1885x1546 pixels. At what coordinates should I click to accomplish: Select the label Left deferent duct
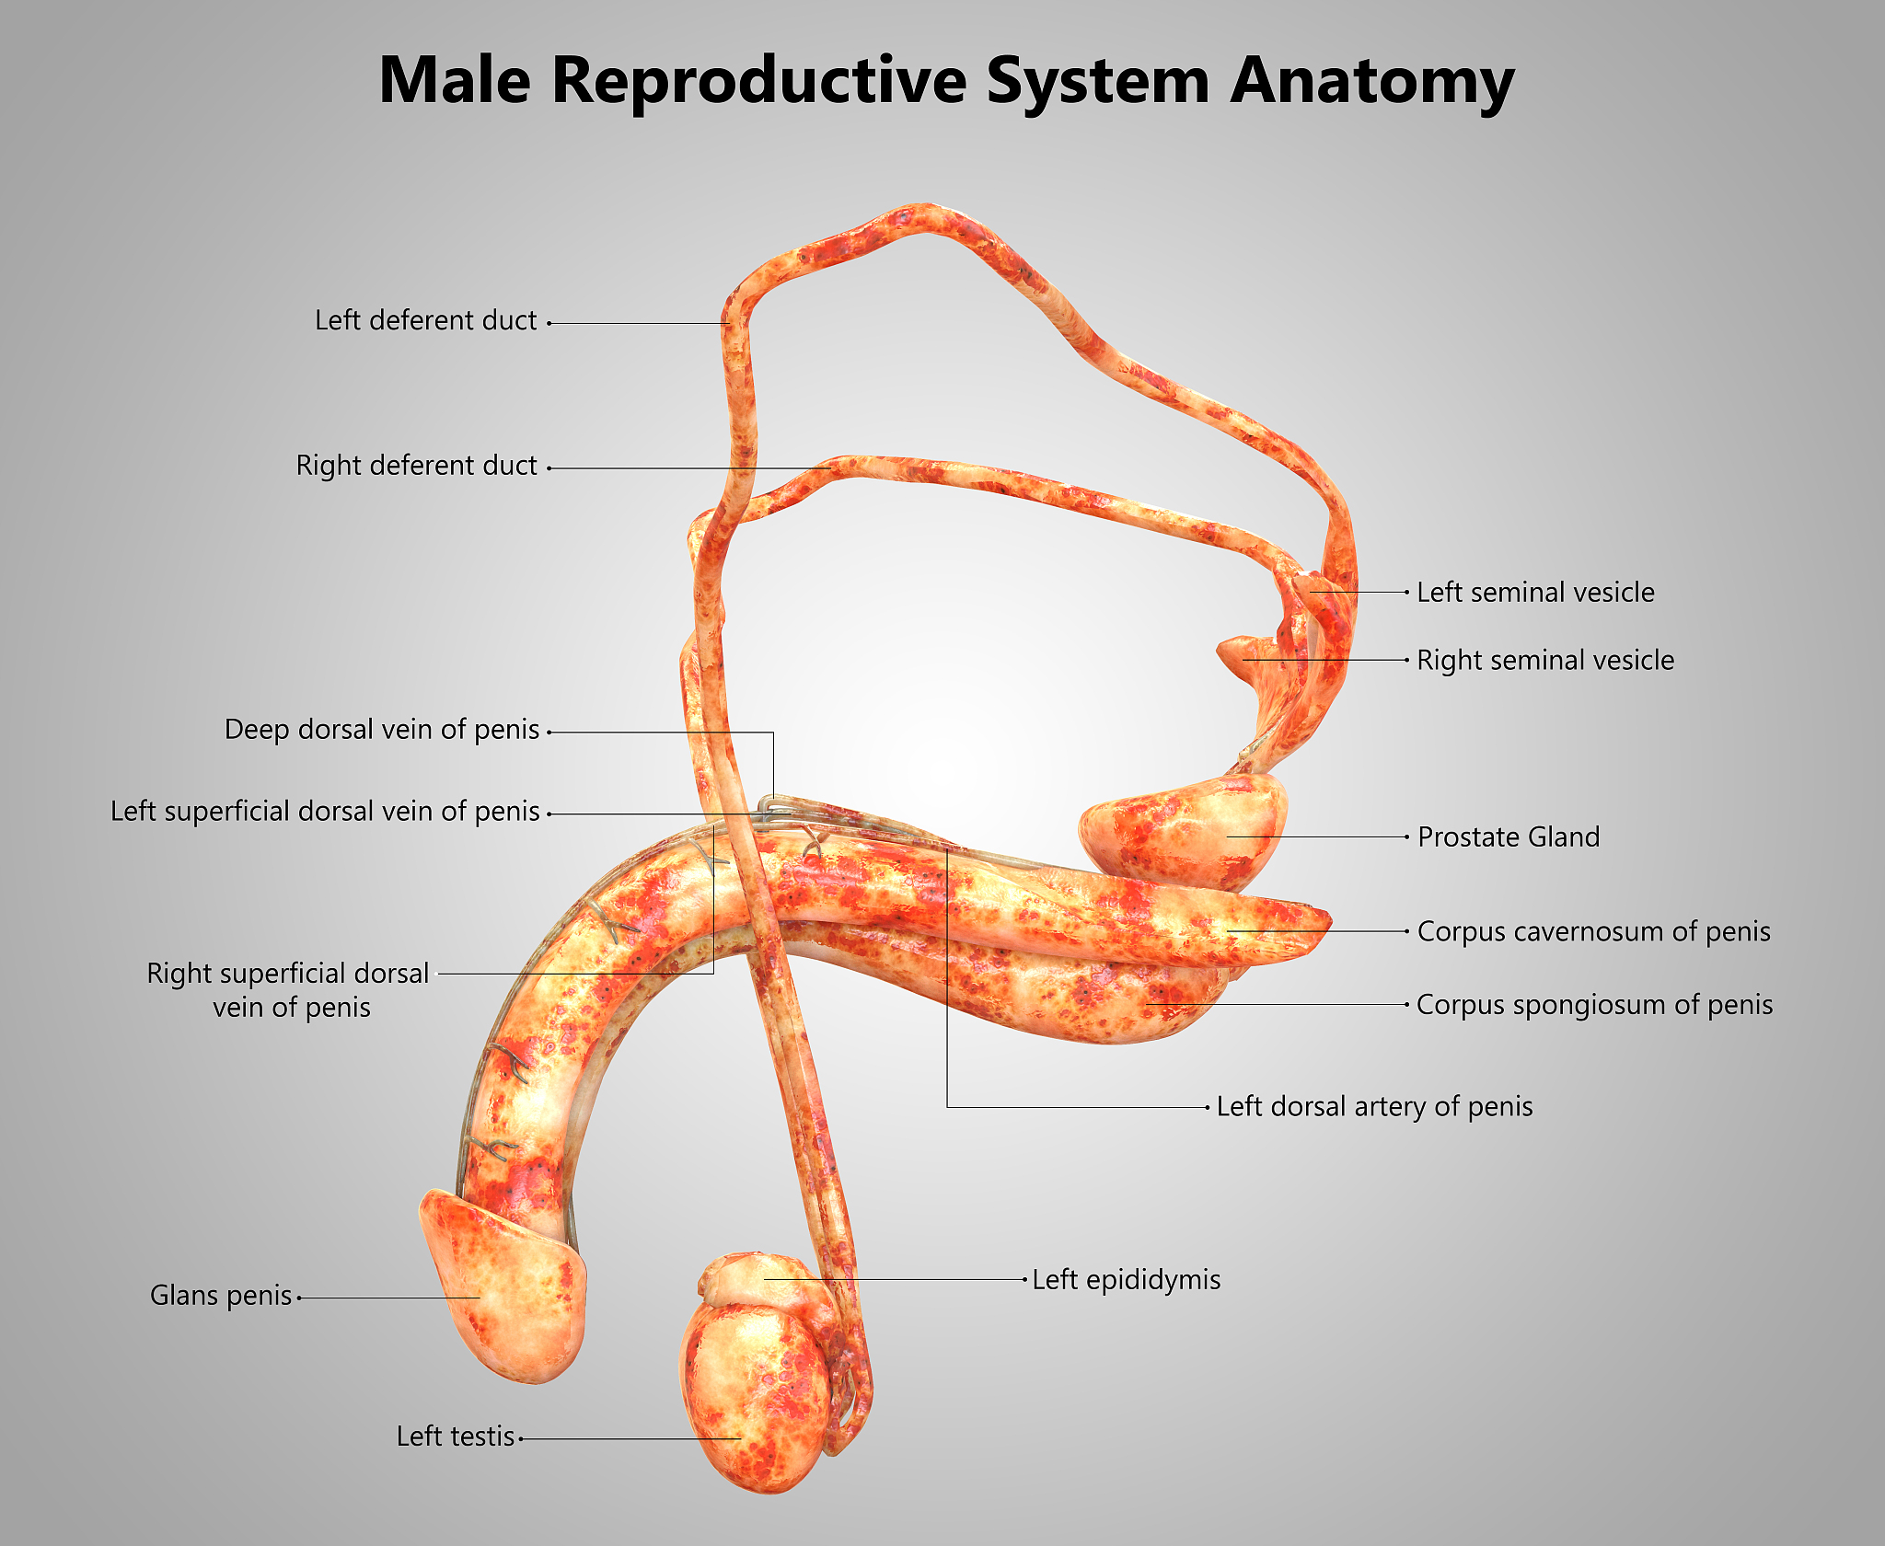click(425, 320)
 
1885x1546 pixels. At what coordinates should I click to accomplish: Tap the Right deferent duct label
click(416, 466)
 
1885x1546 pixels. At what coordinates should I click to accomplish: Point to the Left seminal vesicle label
click(1535, 593)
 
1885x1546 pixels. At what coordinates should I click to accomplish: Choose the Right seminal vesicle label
click(1545, 660)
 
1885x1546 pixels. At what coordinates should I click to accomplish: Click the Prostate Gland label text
click(1509, 837)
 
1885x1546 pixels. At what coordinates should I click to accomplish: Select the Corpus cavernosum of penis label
click(1593, 931)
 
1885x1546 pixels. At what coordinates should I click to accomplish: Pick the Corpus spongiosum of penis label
click(1594, 1005)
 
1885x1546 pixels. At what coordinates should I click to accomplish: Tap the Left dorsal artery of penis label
click(1374, 1106)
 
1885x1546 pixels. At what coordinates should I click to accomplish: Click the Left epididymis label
click(1126, 1280)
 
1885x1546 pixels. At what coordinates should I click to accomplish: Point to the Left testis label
click(456, 1436)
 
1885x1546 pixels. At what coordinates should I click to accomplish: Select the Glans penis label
click(221, 1296)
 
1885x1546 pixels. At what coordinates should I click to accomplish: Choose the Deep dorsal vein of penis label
click(382, 730)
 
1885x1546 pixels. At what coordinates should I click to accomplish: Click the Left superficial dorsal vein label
click(325, 812)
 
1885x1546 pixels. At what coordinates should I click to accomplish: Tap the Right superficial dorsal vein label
click(288, 990)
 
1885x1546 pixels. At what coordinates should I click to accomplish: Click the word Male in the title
click(456, 81)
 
